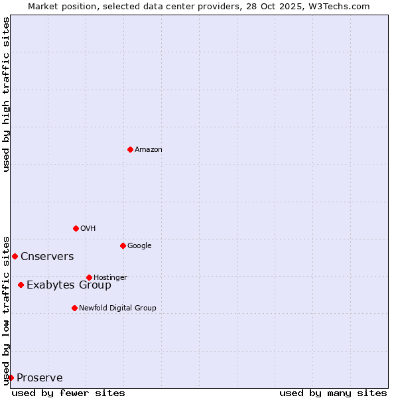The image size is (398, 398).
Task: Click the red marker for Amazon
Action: click(x=130, y=149)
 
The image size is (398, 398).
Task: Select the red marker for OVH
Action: click(x=76, y=228)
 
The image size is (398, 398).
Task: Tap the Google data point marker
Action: click(x=123, y=245)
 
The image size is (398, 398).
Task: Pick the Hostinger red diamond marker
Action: click(x=89, y=277)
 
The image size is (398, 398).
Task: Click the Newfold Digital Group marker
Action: click(x=74, y=308)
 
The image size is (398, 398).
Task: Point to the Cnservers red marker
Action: click(x=15, y=256)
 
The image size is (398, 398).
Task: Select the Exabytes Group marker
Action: click(x=21, y=285)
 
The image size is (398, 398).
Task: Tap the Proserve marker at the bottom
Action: click(x=11, y=377)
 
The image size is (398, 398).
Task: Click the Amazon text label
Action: click(x=149, y=150)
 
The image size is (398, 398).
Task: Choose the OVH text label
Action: click(x=88, y=229)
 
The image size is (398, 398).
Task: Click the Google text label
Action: click(x=139, y=246)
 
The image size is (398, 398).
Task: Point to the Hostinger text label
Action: click(x=110, y=277)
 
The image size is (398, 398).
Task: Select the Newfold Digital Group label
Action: click(x=117, y=308)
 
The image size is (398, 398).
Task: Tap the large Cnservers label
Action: click(x=47, y=257)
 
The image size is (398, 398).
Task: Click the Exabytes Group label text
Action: click(x=69, y=285)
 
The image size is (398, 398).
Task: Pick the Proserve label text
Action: click(x=40, y=378)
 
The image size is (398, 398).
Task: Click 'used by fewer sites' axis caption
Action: click(x=68, y=393)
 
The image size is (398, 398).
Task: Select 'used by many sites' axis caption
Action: click(x=333, y=393)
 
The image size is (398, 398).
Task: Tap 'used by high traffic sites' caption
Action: click(x=6, y=94)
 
